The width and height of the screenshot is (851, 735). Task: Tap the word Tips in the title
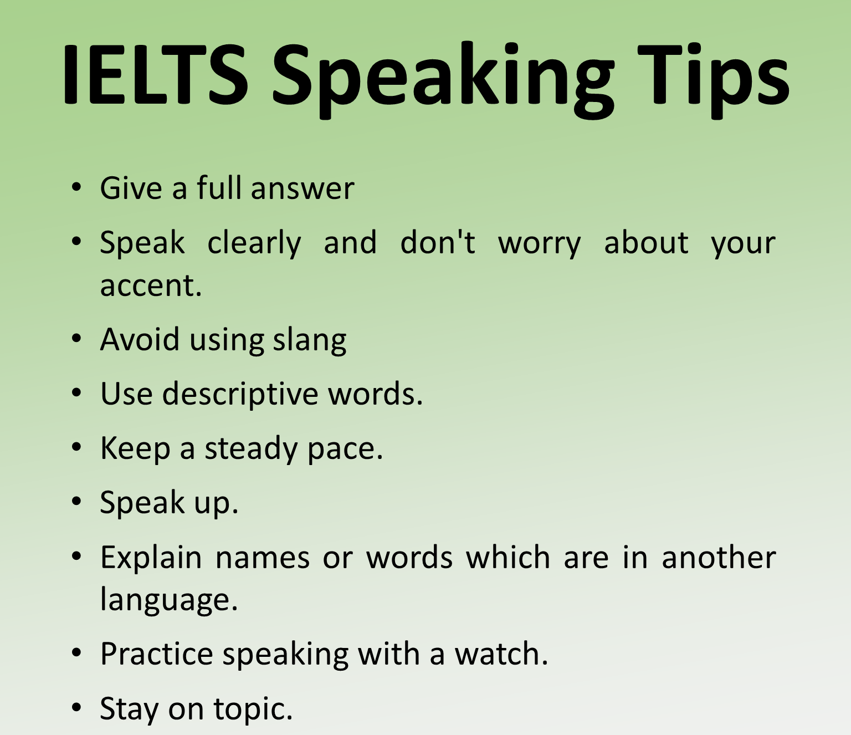click(713, 81)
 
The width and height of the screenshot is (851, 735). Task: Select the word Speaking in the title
click(443, 80)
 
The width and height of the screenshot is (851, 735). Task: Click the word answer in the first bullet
click(303, 189)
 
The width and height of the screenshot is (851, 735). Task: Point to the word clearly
click(254, 243)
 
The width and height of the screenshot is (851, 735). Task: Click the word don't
click(438, 242)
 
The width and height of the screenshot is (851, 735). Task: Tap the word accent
click(151, 285)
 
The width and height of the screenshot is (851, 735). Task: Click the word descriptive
click(240, 394)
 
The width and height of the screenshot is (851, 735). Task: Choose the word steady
click(251, 448)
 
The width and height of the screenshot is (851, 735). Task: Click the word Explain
click(151, 558)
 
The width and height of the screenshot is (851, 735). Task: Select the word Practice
click(156, 654)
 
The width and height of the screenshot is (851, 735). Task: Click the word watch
click(501, 654)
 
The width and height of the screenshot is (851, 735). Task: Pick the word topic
click(253, 709)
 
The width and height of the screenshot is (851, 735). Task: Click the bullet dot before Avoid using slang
click(76, 339)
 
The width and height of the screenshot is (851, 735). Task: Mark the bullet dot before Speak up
click(76, 502)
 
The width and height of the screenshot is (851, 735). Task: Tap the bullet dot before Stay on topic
click(76, 707)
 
